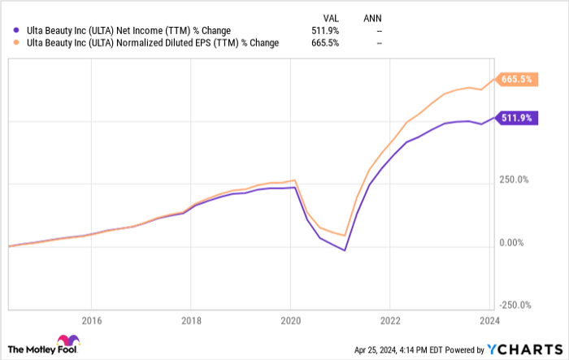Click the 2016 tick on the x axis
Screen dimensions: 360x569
coord(91,319)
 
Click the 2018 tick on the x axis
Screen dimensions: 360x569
coord(190,319)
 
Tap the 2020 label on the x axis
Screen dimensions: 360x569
coord(291,319)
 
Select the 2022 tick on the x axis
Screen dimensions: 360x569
coord(391,319)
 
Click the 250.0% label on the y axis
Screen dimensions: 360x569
coord(514,180)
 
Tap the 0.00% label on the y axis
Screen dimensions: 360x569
coord(512,243)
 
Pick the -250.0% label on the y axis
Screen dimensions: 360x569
coord(515,306)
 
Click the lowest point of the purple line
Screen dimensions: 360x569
coord(345,250)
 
